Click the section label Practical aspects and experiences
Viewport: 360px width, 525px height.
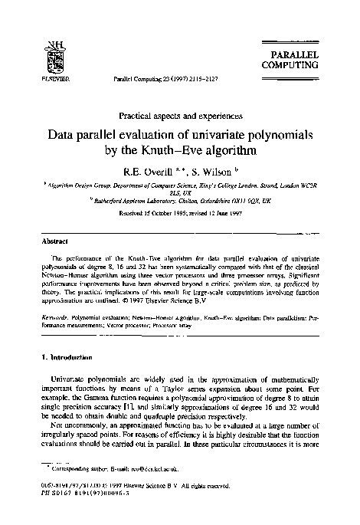click(180, 117)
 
